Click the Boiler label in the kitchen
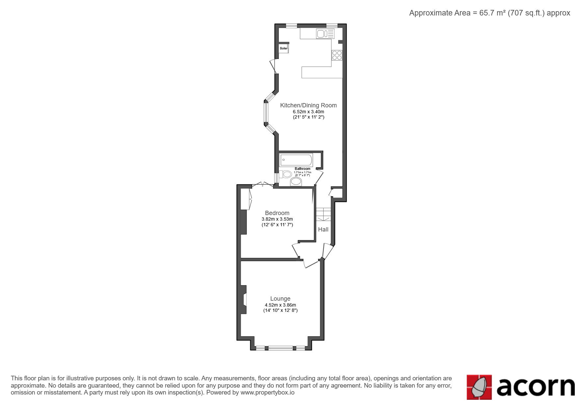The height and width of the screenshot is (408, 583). pos(283,48)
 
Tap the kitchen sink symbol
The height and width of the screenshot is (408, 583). pos(325,34)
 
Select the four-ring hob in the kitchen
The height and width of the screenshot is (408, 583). pos(337,55)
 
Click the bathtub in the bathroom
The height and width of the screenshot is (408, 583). pos(296,160)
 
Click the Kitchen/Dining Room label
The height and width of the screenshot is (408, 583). pos(308,105)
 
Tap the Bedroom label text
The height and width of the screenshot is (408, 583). pos(277,213)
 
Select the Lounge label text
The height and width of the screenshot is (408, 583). pos(280,299)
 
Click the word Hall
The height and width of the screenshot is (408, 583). pos(323,230)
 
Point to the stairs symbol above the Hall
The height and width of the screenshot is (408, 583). pos(323,214)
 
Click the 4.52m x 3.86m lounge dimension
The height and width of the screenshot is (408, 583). pos(280,305)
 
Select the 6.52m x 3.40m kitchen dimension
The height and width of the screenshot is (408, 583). pos(308,112)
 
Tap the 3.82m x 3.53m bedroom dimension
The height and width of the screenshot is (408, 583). pos(277,219)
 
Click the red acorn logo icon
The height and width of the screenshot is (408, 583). pos(479,387)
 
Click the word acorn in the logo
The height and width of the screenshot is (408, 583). pos(536,387)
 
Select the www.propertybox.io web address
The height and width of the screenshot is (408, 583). pos(268,393)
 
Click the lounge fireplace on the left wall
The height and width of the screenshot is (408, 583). pos(244,299)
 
